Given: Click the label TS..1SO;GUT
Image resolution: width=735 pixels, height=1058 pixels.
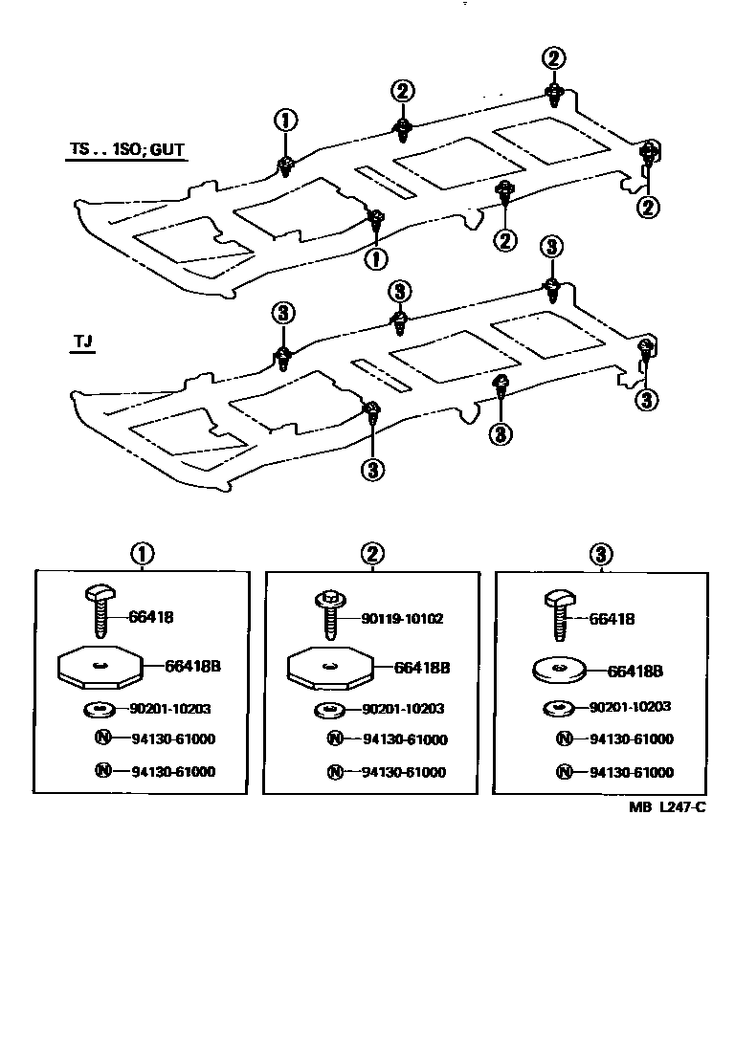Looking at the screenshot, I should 125,150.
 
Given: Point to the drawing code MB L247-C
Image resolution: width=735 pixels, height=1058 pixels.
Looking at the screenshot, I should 667,806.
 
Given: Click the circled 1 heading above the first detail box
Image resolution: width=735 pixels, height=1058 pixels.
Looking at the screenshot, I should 142,554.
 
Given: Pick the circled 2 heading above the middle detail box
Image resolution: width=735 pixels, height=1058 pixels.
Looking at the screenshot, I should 372,554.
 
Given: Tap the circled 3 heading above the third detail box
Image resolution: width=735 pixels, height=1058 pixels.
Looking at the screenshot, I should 601,554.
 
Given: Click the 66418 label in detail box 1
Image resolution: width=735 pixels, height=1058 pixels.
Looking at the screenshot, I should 152,617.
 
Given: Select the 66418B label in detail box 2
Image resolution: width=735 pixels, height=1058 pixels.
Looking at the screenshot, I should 421,668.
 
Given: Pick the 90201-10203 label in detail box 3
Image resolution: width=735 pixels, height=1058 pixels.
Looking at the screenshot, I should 630,707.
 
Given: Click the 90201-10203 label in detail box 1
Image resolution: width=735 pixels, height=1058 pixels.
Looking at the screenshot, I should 170,709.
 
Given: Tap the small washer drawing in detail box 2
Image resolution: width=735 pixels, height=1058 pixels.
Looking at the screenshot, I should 327,711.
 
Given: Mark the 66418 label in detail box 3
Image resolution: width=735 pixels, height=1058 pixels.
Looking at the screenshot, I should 612,619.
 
